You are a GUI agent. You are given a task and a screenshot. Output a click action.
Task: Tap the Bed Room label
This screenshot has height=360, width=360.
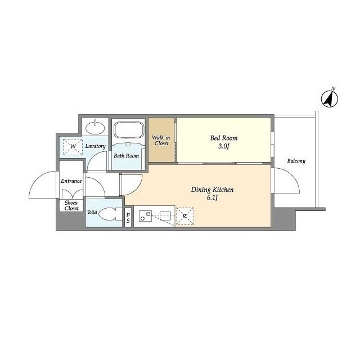click(224, 137)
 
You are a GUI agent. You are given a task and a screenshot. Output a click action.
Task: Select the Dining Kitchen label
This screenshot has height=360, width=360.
click(212, 190)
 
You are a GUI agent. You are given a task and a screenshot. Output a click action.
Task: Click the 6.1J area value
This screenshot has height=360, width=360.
click(212, 199)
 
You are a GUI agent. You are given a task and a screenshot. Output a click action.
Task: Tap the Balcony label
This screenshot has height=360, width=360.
click(296, 161)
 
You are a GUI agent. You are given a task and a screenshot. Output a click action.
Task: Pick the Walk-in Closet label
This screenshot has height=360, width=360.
click(161, 139)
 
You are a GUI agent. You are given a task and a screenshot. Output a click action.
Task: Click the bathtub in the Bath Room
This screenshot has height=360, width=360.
click(129, 131)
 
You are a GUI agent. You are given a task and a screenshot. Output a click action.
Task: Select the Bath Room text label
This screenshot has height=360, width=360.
click(127, 156)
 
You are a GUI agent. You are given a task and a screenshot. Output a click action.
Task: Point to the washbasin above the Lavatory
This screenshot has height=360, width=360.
click(96, 125)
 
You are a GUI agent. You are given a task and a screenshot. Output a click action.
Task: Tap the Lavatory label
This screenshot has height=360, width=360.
click(96, 146)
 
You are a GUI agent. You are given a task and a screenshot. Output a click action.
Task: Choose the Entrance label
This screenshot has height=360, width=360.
click(71, 181)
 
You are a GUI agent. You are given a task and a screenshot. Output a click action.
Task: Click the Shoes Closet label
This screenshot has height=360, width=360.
click(71, 205)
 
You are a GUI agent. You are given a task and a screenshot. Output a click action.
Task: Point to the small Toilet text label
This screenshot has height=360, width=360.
click(92, 212)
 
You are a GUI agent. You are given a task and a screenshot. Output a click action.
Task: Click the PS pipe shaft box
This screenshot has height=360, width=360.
click(128, 218)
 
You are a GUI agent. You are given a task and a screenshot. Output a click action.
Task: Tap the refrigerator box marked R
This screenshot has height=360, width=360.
click(184, 216)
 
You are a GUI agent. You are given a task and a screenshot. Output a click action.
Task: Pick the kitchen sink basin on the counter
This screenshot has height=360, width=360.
click(166, 215)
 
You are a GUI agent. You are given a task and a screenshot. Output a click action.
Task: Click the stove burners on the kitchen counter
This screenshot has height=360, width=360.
click(145, 216)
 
